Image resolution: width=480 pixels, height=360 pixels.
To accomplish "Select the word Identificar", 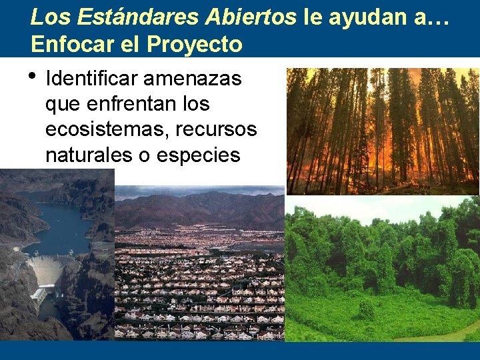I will tap(91, 79).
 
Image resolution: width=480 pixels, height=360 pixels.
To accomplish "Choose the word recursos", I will tap(216, 129).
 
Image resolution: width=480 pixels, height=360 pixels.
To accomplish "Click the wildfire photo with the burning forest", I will tap(383, 131).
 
